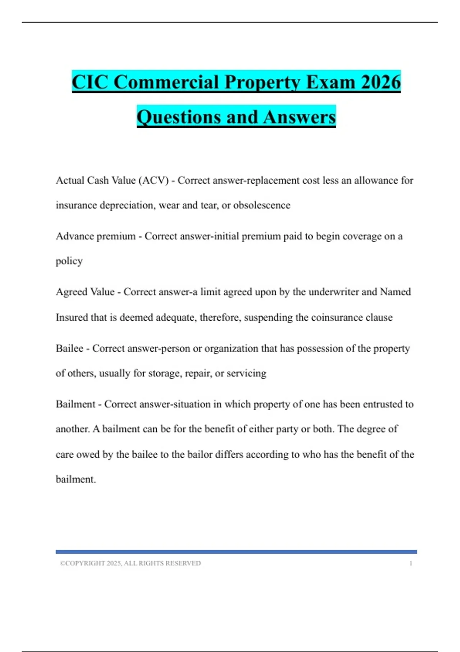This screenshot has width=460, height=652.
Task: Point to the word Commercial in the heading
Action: tap(166, 82)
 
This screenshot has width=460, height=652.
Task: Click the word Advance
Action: tap(75, 236)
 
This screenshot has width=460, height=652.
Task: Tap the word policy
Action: tap(69, 261)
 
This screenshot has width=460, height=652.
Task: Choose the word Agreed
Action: tap(71, 292)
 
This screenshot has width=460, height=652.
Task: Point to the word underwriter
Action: tap(333, 292)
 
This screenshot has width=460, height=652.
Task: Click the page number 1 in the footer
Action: tap(411, 563)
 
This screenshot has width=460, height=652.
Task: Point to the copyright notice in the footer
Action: tap(130, 563)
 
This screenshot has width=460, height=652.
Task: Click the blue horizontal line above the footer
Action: tap(236, 552)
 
